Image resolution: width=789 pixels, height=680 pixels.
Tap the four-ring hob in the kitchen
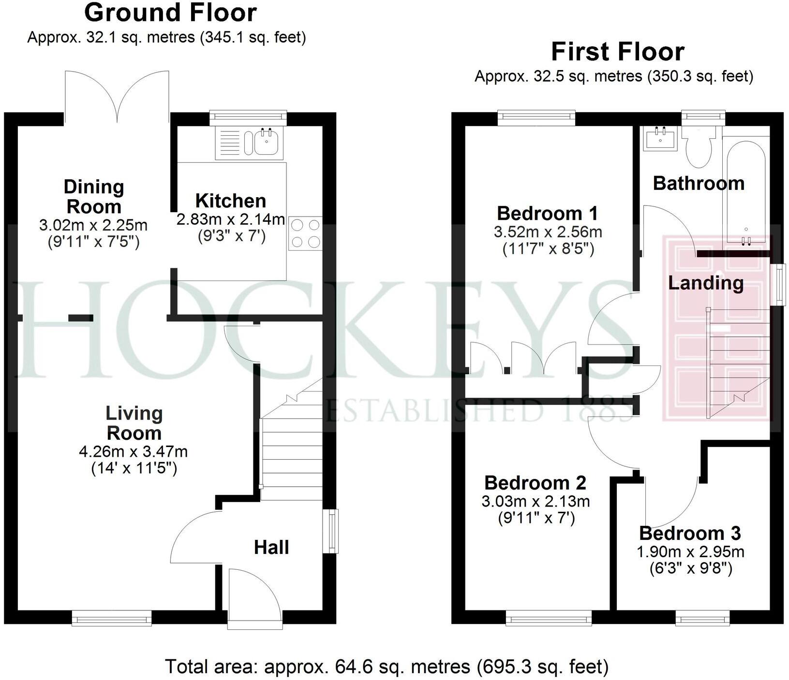click(x=305, y=233)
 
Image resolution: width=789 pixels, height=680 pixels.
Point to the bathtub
click(x=744, y=188)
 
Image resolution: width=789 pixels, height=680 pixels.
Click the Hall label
click(x=271, y=547)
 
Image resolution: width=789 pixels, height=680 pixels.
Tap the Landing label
click(x=705, y=283)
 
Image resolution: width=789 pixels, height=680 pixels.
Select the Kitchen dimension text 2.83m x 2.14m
click(x=230, y=220)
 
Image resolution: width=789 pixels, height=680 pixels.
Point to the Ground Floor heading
click(x=170, y=13)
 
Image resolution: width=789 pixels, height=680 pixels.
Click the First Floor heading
click(x=618, y=52)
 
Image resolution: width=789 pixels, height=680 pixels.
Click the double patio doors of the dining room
click(x=118, y=97)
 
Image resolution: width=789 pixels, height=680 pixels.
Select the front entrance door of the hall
click(x=254, y=599)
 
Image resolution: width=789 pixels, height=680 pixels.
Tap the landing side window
click(x=778, y=285)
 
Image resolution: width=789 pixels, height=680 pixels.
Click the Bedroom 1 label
click(x=547, y=213)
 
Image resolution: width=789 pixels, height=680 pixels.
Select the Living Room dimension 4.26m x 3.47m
click(x=133, y=452)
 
